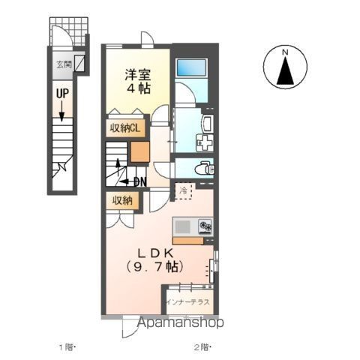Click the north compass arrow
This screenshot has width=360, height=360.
(285, 69)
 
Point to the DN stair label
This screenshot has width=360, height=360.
(138, 181)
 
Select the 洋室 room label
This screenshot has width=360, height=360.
(138, 73)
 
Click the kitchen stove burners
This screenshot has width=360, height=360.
(204, 225)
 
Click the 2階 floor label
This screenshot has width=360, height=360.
(203, 347)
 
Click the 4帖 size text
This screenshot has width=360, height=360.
(138, 88)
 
